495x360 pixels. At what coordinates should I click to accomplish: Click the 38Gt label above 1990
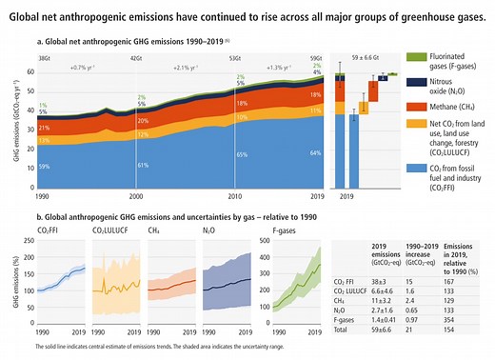44,58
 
